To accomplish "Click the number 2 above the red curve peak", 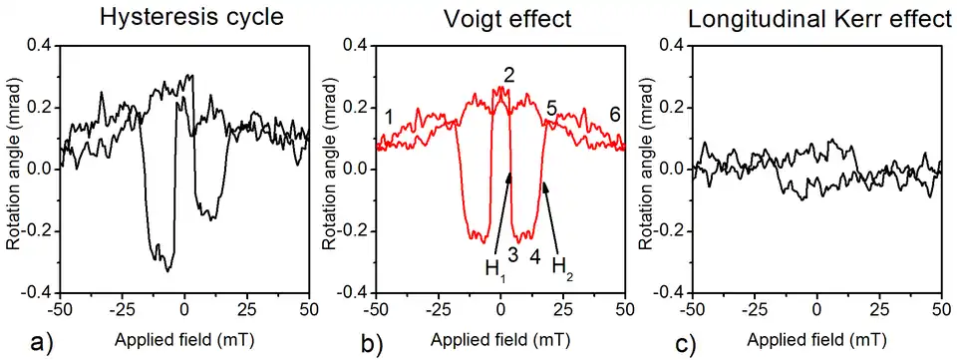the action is click(x=508, y=75).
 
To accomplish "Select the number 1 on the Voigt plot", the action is click(x=388, y=116).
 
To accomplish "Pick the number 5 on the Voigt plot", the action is click(x=551, y=111).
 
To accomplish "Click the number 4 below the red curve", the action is click(x=535, y=254).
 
